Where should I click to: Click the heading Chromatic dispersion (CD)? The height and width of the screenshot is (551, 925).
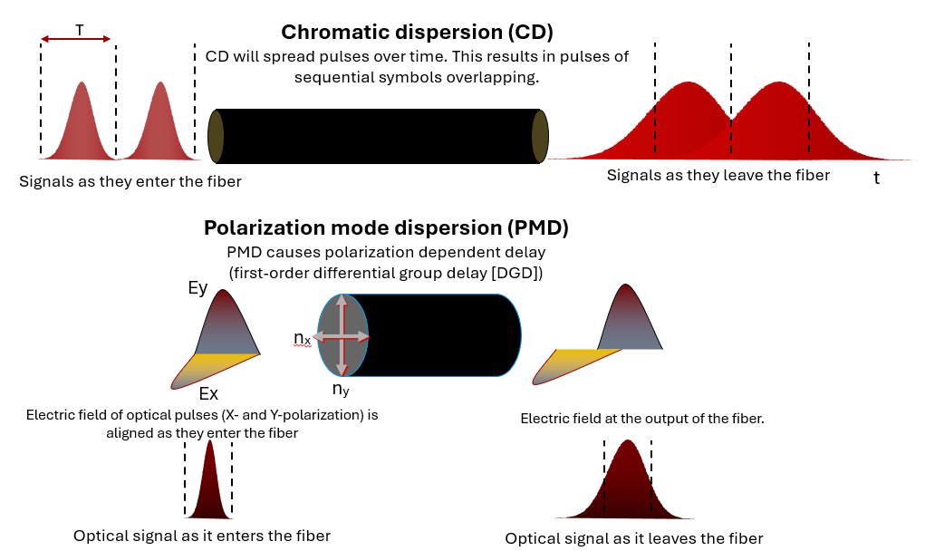(417, 33)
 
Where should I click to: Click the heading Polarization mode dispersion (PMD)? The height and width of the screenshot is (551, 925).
(386, 227)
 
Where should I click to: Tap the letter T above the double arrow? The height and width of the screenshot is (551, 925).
(79, 30)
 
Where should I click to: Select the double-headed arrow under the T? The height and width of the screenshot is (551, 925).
(76, 40)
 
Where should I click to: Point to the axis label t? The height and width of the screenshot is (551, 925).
(876, 179)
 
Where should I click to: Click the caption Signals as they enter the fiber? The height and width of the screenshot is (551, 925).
(130, 181)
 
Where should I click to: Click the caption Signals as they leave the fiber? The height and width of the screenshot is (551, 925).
(718, 175)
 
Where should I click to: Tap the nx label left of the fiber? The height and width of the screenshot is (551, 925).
(303, 338)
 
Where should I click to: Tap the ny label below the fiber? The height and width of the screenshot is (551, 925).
(341, 390)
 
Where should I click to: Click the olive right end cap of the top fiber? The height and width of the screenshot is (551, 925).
(540, 136)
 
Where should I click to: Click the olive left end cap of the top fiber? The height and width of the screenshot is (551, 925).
(216, 136)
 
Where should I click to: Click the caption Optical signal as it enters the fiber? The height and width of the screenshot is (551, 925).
(202, 536)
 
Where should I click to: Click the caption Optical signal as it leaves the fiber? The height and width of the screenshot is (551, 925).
(633, 538)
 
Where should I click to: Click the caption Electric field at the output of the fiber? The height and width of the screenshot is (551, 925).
(642, 419)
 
